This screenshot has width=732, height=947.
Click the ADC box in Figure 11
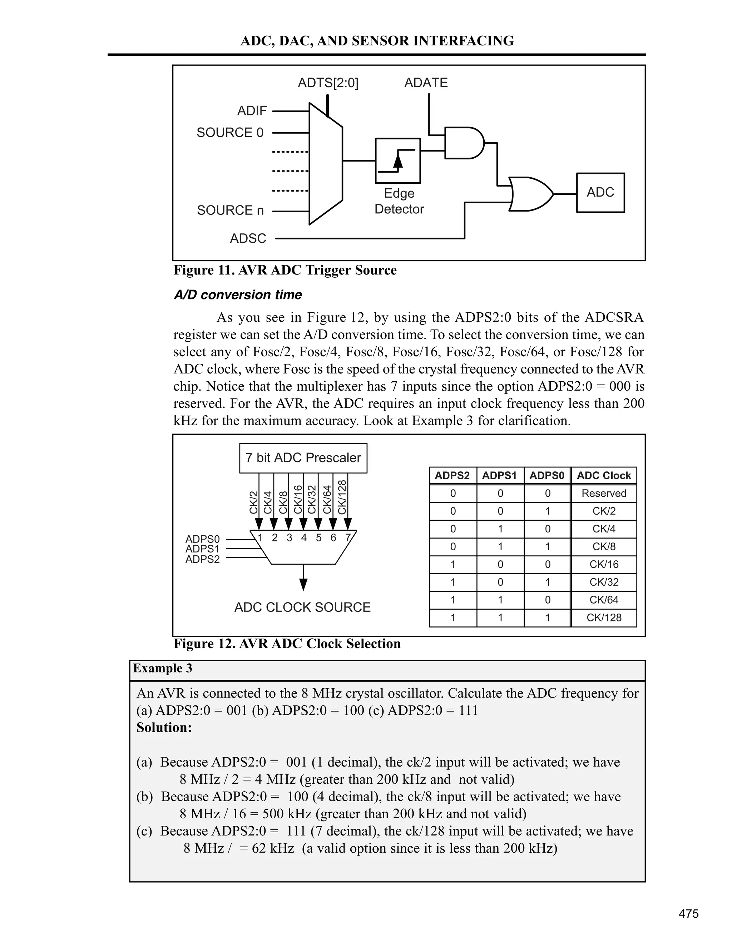[x=600, y=193]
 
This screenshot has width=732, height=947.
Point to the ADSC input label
[x=248, y=238]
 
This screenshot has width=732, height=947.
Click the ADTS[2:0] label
[x=328, y=83]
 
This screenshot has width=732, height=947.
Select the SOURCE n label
[x=230, y=210]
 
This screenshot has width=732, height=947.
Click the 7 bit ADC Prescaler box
[x=303, y=458]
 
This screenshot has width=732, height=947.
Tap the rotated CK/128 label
[x=342, y=497]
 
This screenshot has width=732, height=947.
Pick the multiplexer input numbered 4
[x=303, y=538]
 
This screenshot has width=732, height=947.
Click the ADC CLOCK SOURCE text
[x=302, y=607]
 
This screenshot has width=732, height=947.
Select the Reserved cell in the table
[x=604, y=494]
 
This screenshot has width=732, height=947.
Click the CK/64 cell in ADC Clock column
[x=604, y=600]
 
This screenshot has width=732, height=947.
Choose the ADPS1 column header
[x=500, y=476]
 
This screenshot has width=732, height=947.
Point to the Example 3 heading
[x=163, y=668]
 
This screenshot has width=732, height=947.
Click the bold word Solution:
[x=164, y=727]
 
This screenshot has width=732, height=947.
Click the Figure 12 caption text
[x=287, y=644]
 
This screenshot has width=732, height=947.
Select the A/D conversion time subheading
[x=237, y=295]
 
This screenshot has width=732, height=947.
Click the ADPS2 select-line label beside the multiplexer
[x=203, y=559]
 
